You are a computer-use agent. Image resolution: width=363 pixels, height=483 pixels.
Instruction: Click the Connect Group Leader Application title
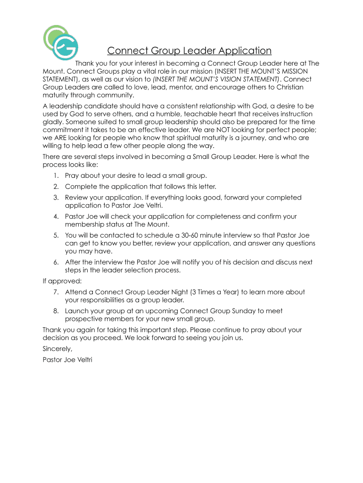pyautogui.click(x=189, y=50)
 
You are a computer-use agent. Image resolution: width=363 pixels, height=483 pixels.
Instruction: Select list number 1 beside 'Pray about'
pyautogui.click(x=57, y=175)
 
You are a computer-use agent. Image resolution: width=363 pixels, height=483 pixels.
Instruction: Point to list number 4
pyautogui.click(x=56, y=217)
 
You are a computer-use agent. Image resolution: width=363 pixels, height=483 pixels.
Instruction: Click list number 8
pyautogui.click(x=56, y=311)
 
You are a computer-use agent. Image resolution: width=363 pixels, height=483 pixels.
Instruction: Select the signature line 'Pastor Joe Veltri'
pyautogui.click(x=67, y=360)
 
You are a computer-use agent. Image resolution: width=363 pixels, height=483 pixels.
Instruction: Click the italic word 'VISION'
pyautogui.click(x=221, y=79)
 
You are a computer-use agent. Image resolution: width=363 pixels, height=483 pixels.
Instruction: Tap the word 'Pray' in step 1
pyautogui.click(x=73, y=175)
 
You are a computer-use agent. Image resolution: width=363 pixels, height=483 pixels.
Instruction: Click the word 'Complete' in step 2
pyautogui.click(x=81, y=186)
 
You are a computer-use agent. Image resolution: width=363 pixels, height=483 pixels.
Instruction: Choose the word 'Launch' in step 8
pyautogui.click(x=76, y=311)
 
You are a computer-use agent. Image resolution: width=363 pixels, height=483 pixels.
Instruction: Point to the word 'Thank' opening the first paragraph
pyautogui.click(x=85, y=63)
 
